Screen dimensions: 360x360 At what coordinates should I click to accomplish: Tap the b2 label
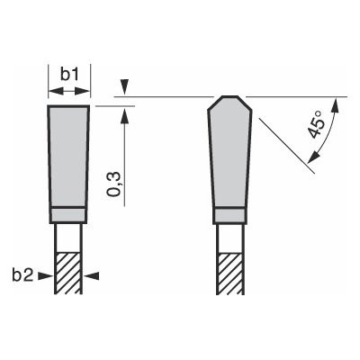click(23, 275)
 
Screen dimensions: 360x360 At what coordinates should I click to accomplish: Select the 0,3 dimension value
click(115, 179)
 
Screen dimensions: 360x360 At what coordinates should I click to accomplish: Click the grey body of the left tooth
click(68, 157)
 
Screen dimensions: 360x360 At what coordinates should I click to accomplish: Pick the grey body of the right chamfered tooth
click(229, 157)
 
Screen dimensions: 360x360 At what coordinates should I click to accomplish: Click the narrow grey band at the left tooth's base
click(68, 215)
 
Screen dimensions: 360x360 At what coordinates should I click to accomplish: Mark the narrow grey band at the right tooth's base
click(229, 215)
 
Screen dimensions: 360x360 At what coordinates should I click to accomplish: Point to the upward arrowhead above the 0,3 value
click(126, 113)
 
